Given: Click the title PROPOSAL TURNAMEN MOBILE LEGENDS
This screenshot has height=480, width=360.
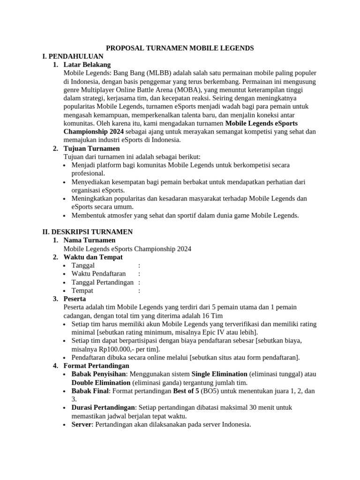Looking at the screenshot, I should tap(180, 48).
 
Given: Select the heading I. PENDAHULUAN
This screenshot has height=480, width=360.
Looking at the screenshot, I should tap(73, 56).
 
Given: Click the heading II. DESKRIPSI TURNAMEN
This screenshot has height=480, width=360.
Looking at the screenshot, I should tap(87, 232).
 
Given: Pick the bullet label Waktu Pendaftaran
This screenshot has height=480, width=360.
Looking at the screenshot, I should tap(98, 274).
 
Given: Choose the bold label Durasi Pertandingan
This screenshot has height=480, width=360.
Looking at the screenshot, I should tap(103, 408).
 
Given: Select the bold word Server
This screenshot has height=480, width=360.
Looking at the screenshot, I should tap(82, 425).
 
